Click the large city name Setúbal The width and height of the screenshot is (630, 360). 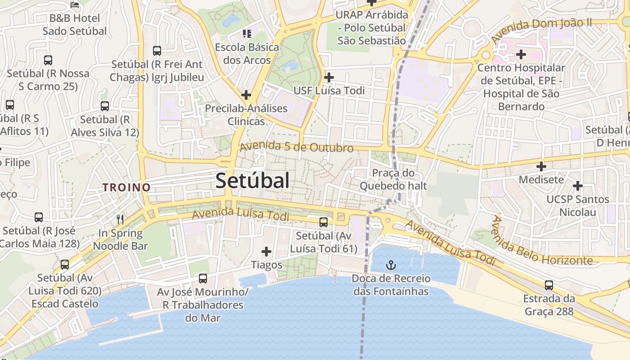tap(252, 181)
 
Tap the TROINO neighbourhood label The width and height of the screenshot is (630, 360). tap(126, 188)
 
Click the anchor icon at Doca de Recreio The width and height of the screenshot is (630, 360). tap(391, 265)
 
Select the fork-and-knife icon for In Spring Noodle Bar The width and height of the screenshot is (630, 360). tap(120, 219)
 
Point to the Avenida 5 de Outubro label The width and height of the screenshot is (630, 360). tap(297, 147)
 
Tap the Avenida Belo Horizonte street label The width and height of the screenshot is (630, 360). tap(540, 243)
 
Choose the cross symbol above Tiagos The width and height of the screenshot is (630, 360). tap(266, 251)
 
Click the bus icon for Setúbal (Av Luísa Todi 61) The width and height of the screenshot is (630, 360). tap(323, 222)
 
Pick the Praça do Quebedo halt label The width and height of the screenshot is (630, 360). tap(393, 179)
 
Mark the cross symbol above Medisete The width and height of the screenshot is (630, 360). tap(541, 166)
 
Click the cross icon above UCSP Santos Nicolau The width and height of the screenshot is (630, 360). tap(577, 185)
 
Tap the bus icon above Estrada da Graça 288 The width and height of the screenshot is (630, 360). tap(549, 285)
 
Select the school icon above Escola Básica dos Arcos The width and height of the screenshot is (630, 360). tap(246, 33)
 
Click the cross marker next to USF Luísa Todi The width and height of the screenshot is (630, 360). tap(329, 77)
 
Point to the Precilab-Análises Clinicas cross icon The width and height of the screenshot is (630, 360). tap(246, 95)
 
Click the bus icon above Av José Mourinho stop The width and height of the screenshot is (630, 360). tap(203, 278)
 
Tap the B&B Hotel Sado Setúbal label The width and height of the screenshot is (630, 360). tap(75, 25)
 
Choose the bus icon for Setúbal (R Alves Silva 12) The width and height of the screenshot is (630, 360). tap(105, 106)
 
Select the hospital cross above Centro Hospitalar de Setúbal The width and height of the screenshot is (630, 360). tap(521, 54)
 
